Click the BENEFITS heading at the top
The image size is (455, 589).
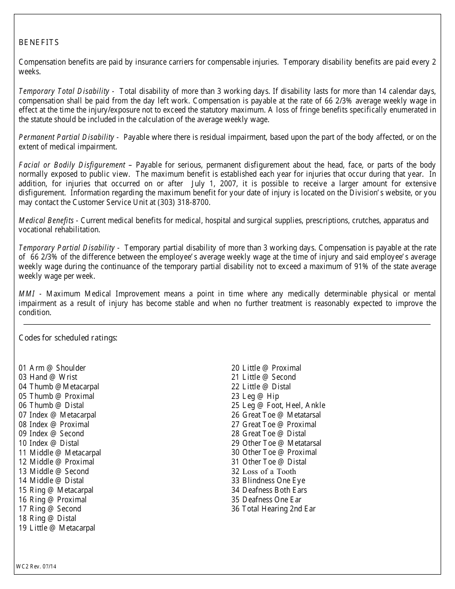click(x=39, y=43)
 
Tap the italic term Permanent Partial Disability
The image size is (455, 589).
click(x=67, y=137)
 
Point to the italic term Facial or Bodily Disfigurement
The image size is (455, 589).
click(x=72, y=165)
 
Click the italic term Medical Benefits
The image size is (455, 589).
click(x=46, y=221)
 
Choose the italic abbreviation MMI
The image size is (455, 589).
click(x=27, y=294)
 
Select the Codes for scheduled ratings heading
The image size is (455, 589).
click(x=68, y=338)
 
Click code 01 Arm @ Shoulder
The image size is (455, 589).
click(x=52, y=368)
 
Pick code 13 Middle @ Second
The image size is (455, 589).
click(x=54, y=471)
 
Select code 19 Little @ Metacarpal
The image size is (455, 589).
click(x=57, y=528)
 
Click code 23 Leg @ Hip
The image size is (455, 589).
click(x=255, y=396)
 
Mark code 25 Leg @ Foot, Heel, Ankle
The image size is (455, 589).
click(x=278, y=405)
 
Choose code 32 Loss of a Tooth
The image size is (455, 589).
click(x=263, y=471)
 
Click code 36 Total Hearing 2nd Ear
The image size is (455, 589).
click(x=273, y=509)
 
